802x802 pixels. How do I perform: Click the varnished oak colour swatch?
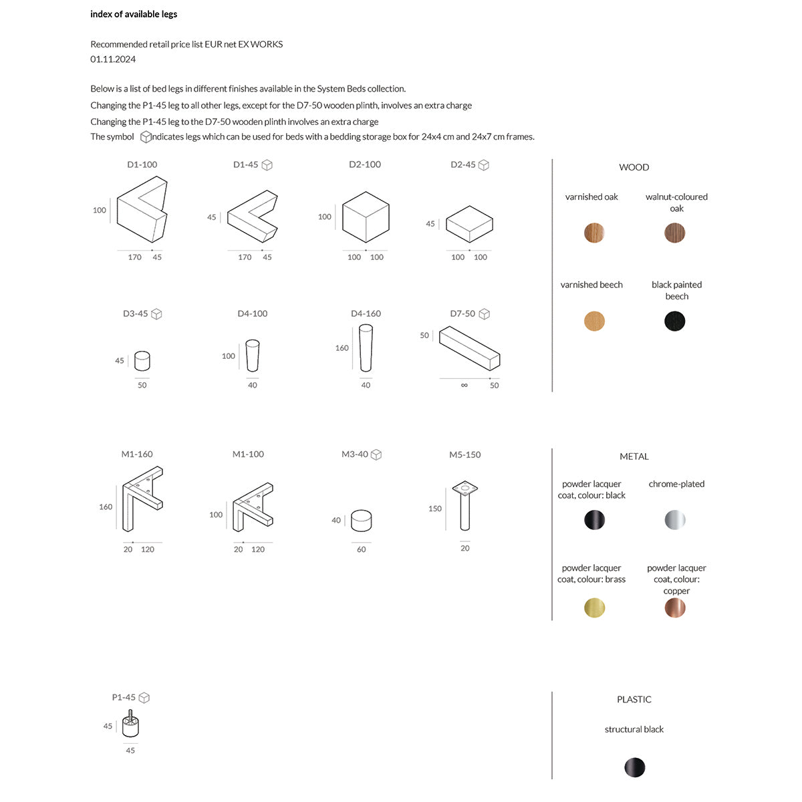pyautogui.click(x=594, y=233)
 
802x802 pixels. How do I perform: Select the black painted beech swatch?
pyautogui.click(x=675, y=321)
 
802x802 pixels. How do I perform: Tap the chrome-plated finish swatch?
pyautogui.click(x=675, y=520)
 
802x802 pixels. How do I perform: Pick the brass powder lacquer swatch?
pyautogui.click(x=594, y=608)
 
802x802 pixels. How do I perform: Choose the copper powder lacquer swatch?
pyautogui.click(x=675, y=608)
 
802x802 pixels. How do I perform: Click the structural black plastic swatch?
pyautogui.click(x=634, y=767)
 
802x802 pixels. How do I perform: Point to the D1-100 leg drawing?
pyautogui.click(x=142, y=210)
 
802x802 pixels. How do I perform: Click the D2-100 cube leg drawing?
pyautogui.click(x=366, y=217)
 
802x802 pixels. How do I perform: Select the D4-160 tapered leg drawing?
pyautogui.click(x=366, y=348)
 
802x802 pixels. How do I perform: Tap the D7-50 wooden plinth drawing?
pyautogui.click(x=469, y=348)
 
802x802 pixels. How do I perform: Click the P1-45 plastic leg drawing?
pyautogui.click(x=131, y=724)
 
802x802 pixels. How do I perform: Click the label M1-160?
pyautogui.click(x=137, y=454)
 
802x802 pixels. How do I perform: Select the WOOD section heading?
pyautogui.click(x=634, y=168)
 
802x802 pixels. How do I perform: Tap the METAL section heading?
pyautogui.click(x=634, y=457)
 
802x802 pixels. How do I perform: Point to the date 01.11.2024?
pyautogui.click(x=113, y=59)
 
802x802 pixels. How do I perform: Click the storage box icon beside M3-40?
pyautogui.click(x=376, y=455)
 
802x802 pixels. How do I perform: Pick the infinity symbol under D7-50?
pyautogui.click(x=464, y=386)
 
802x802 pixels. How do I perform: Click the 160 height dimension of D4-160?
pyautogui.click(x=342, y=348)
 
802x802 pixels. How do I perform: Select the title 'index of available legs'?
pyautogui.click(x=134, y=14)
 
